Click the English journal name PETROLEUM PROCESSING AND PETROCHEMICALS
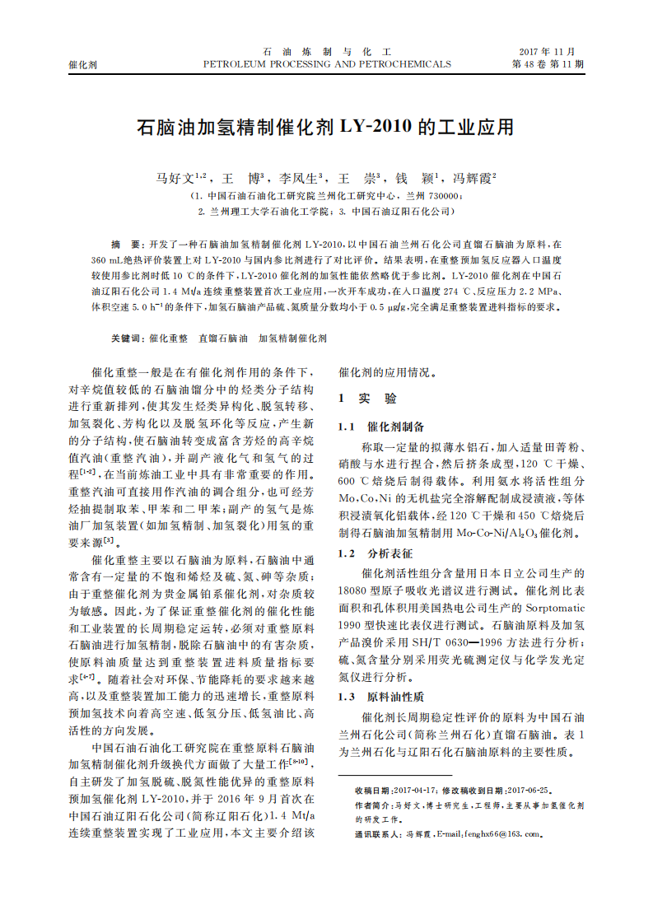coord(327,63)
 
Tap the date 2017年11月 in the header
coord(547,51)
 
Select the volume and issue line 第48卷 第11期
coord(548,63)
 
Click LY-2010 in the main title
coord(375,128)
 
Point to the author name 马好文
coord(175,178)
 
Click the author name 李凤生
coord(297,178)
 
